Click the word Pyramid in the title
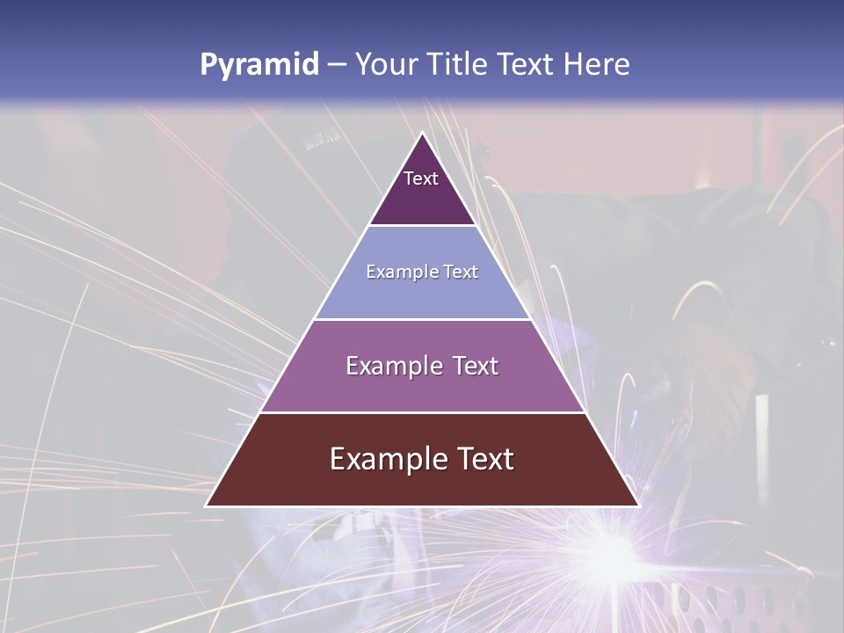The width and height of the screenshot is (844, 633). click(259, 65)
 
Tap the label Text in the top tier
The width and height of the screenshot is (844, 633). click(421, 178)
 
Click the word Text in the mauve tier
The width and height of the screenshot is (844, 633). click(470, 366)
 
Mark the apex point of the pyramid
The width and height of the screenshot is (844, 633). click(423, 133)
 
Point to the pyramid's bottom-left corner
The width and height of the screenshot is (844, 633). click(207, 506)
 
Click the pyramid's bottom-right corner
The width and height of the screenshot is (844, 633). click(638, 506)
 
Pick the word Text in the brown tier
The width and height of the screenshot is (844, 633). click(483, 459)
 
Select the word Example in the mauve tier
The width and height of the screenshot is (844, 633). click(393, 366)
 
